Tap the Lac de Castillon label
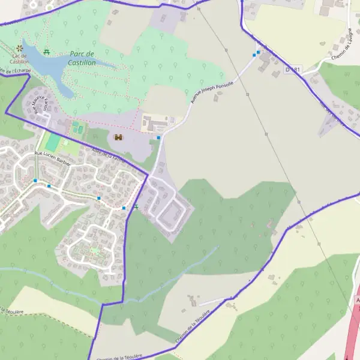tap(20, 59)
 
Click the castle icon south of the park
tap(118, 137)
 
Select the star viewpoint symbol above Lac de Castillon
tap(20, 47)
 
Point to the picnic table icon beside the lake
tap(47, 51)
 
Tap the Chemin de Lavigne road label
tap(340, 44)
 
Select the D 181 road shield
tap(292, 70)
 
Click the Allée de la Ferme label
tap(108, 155)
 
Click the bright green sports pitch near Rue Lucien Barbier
tap(53, 142)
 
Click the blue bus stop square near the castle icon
tap(158, 138)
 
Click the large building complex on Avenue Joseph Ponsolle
tap(156, 124)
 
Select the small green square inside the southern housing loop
tap(94, 250)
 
